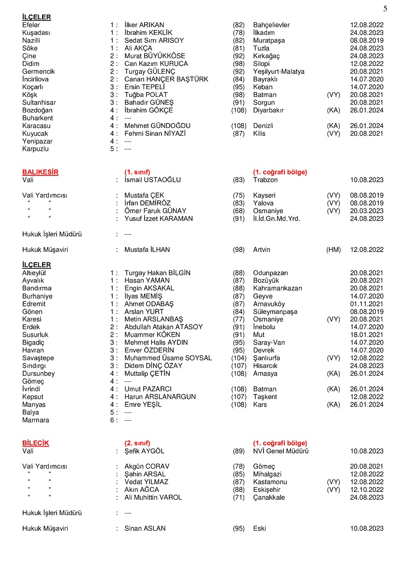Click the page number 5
click(385, 9)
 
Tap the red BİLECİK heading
click(36, 443)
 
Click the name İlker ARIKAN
click(144, 25)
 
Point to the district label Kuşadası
click(36, 32)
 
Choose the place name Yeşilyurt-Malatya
click(279, 71)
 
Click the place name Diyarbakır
click(268, 110)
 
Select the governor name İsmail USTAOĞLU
click(152, 180)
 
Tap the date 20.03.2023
click(367, 211)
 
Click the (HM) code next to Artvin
click(333, 250)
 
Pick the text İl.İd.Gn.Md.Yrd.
click(276, 219)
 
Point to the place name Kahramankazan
click(277, 288)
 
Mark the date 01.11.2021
click(367, 303)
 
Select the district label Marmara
click(35, 420)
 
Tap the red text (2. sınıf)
click(137, 443)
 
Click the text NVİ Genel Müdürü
click(281, 451)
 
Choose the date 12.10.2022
click(367, 489)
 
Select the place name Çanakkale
click(269, 497)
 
